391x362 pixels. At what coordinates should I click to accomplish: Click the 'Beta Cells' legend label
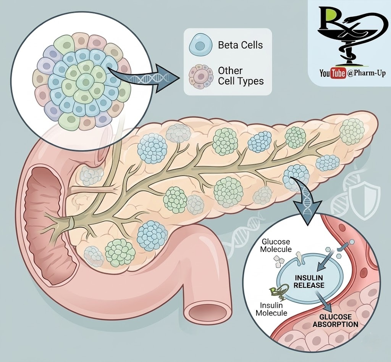[x=240, y=45]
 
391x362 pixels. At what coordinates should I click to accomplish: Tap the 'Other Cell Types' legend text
[x=241, y=76]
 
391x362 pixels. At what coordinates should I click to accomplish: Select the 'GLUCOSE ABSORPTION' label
[x=335, y=320]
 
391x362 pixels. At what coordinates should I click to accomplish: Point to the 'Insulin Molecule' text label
[x=273, y=309]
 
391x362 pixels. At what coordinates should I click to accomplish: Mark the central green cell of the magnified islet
[x=82, y=81]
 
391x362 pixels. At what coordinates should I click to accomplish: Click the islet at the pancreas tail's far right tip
[x=352, y=131]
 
